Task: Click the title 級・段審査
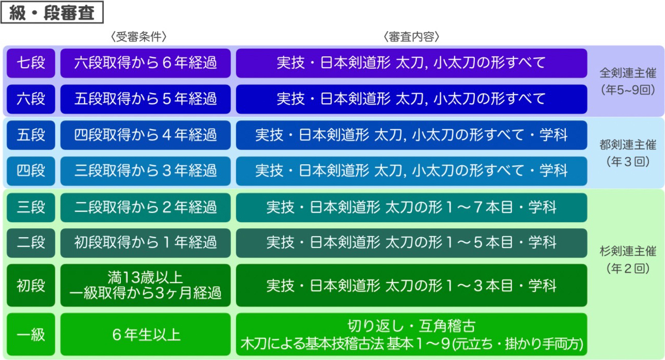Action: coord(52,12)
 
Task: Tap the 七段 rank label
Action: coord(31,63)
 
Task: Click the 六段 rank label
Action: coord(31,99)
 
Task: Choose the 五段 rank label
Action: coord(31,135)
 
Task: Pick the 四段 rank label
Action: coord(31,171)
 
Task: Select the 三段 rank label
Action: coord(31,208)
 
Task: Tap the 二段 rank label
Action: coord(31,243)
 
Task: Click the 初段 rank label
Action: coord(31,286)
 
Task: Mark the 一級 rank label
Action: coord(31,335)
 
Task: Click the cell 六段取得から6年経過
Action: coord(146,63)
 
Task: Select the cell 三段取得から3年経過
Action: coord(146,171)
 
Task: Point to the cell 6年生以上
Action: coord(146,335)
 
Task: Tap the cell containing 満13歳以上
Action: coord(146,286)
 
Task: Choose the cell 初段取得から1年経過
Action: coord(146,243)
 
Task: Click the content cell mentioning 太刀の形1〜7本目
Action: coord(411,208)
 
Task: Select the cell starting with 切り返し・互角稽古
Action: coord(411,335)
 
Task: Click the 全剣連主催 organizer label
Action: coord(627,73)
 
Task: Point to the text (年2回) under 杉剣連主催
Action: coord(627,269)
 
